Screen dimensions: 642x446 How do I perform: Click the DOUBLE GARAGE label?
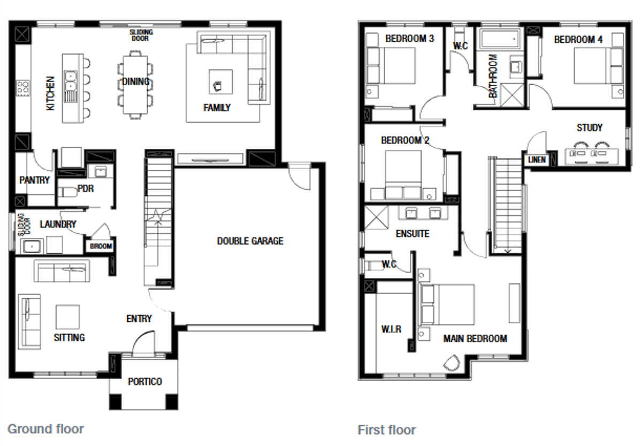click(250, 241)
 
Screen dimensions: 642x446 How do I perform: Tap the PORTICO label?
click(145, 381)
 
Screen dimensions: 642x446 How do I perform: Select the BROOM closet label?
click(101, 246)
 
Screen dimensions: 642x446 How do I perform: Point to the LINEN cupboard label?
click(537, 160)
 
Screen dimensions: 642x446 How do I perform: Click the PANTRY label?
click(34, 180)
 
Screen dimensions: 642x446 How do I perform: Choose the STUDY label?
click(590, 127)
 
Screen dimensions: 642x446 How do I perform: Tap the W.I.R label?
click(391, 329)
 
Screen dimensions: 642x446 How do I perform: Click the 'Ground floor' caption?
click(45, 429)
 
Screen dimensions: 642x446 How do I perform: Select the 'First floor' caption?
click(387, 430)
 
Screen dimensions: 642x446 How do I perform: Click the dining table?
click(135, 85)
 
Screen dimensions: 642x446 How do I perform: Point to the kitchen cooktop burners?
click(23, 88)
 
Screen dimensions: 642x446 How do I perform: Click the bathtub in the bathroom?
click(500, 39)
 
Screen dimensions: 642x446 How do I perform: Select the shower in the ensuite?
click(376, 217)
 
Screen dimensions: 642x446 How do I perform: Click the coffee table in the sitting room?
click(67, 317)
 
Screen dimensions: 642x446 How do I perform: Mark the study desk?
click(592, 156)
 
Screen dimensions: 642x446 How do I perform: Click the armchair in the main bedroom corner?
click(452, 363)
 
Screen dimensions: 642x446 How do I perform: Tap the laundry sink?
click(32, 246)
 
